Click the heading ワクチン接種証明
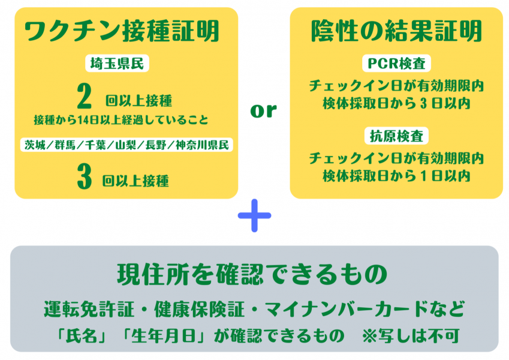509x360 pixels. (122, 31)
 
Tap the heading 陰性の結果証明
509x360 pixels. (396, 31)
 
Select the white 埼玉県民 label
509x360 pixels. (117, 64)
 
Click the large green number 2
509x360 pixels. (85, 96)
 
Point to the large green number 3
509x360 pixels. (85, 176)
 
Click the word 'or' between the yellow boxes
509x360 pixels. (263, 110)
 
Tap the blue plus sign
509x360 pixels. (254, 215)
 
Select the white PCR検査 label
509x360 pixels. (396, 64)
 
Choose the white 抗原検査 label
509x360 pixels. (396, 136)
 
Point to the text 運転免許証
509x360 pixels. (89, 309)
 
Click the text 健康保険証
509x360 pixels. (199, 309)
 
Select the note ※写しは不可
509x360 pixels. (411, 335)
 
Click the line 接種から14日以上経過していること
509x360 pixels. (121, 120)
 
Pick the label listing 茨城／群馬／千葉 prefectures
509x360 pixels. (127, 145)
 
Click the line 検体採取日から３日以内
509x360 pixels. (396, 104)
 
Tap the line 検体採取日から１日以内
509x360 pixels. (396, 176)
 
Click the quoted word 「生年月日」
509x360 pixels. (165, 335)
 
